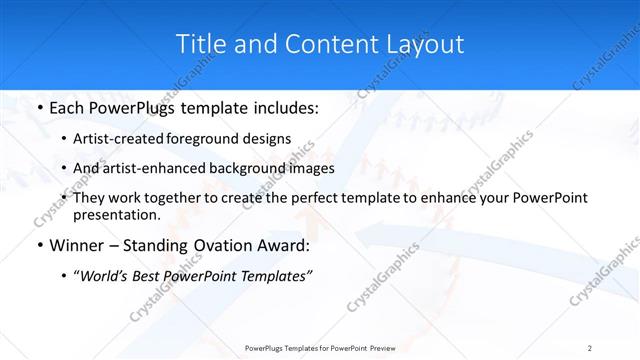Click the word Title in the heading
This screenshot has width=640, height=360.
coord(201,44)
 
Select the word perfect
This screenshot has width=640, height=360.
coord(316,198)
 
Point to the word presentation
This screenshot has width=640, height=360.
coord(116,214)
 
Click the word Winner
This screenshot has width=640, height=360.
coord(75,245)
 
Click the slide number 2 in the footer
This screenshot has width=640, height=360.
coord(590,347)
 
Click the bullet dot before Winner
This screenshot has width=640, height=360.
coord(38,245)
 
